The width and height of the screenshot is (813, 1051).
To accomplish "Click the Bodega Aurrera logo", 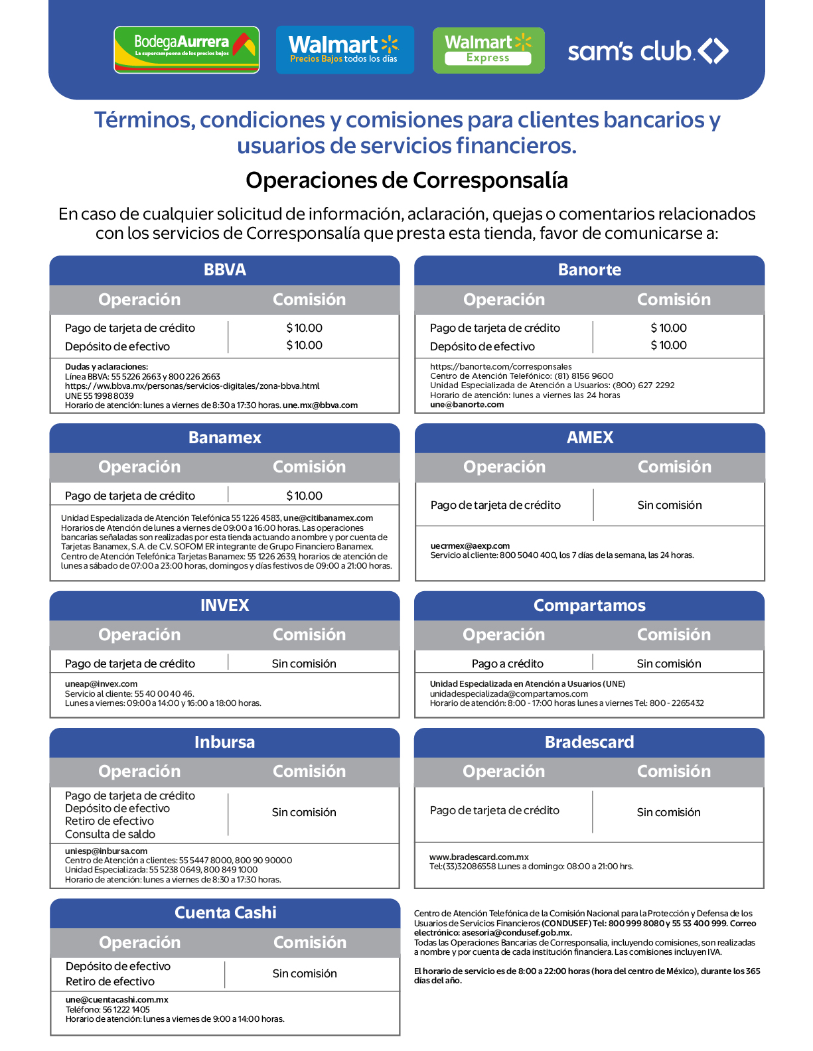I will (186, 50).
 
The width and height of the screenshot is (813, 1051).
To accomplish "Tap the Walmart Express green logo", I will (488, 50).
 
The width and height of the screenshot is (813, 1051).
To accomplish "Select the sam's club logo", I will (648, 51).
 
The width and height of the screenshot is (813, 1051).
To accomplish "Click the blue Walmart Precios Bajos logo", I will (344, 50).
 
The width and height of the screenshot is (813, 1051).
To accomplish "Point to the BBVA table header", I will (224, 270).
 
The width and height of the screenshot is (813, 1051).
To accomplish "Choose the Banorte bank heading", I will (589, 270).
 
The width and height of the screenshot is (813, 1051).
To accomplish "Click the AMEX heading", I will (589, 438).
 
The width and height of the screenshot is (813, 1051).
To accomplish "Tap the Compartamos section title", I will (589, 606).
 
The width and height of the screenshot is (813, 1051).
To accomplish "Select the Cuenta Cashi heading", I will (225, 913).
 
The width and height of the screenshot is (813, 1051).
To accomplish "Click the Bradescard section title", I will (589, 742).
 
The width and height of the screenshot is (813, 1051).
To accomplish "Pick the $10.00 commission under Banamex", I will (304, 496).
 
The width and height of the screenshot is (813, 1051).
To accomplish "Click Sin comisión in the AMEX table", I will (669, 505).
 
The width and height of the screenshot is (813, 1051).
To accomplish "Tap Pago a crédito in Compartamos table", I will (507, 664).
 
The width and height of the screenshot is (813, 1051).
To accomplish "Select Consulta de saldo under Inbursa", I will (110, 834).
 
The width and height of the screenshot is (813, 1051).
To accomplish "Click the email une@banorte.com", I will (467, 405).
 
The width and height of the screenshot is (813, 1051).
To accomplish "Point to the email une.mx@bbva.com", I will (320, 405).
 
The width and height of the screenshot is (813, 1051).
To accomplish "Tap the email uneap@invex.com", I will (101, 684).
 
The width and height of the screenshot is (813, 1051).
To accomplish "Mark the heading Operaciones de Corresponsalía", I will (406, 180).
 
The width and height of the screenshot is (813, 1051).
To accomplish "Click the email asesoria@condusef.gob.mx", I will (516, 933).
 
